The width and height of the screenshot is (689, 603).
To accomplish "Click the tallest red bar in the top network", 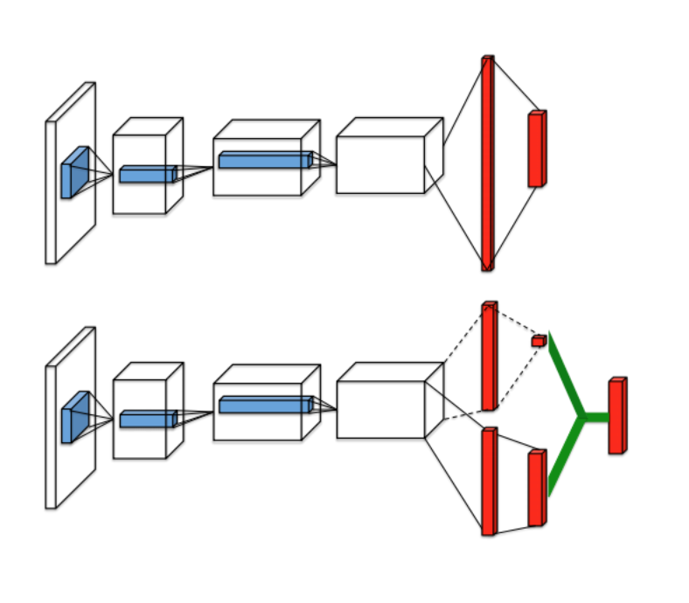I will tap(487, 163).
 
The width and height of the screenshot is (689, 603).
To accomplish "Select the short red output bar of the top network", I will tap(536, 149).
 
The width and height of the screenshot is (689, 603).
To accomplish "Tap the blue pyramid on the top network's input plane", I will tap(73, 172).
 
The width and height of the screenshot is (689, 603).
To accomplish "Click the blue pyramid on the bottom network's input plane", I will tap(73, 417).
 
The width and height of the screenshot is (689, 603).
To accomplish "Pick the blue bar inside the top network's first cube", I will tap(147, 174).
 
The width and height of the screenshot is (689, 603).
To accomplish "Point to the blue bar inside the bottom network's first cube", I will tap(147, 419).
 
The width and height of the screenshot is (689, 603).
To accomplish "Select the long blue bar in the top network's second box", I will tap(264, 159).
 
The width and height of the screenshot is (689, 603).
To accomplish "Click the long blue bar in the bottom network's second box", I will tap(264, 404).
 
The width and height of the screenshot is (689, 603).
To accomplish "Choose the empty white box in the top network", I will tap(381, 163).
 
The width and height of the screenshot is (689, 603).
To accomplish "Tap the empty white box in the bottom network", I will tap(381, 408).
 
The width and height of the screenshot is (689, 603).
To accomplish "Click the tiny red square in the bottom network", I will tap(538, 340).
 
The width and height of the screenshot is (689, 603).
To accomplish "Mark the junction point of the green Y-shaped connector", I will tap(581, 418).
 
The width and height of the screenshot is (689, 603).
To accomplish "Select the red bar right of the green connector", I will tap(616, 416).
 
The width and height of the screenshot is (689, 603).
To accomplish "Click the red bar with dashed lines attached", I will tap(489, 356).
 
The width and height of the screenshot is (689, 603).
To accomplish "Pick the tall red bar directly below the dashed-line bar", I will tap(489, 481).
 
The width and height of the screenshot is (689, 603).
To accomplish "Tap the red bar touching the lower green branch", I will tap(536, 489).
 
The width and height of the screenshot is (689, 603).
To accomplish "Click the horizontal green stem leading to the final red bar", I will tap(595, 418).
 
